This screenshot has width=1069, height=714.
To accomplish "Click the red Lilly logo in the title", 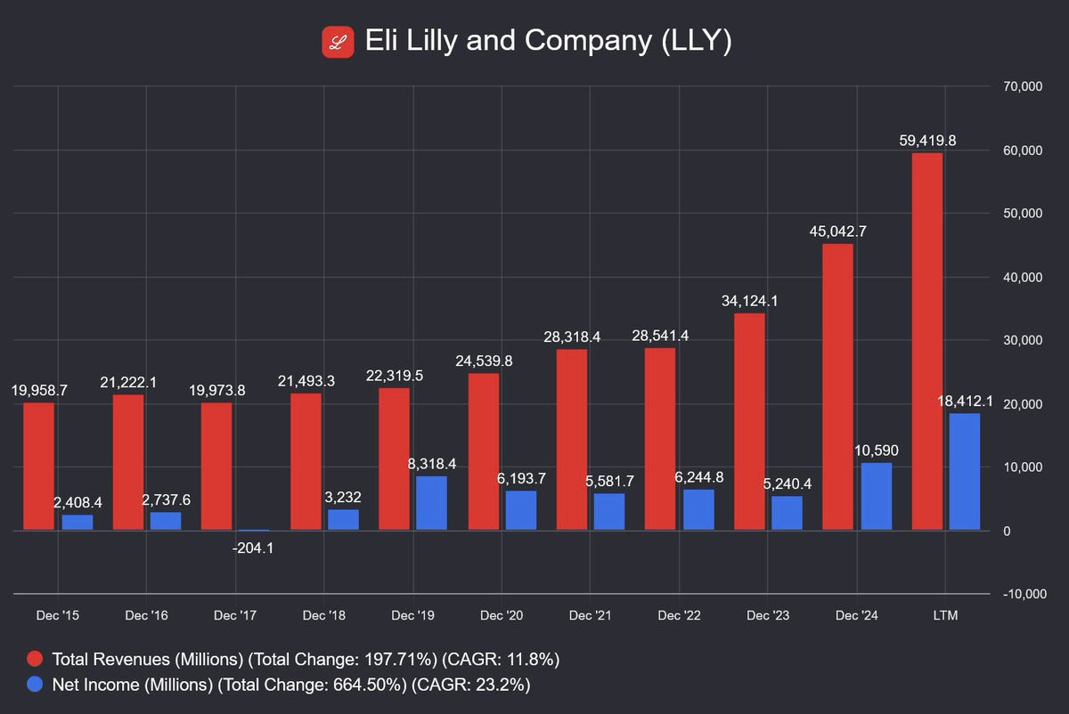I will click(x=339, y=42).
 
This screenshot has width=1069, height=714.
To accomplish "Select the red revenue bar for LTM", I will click(x=927, y=342).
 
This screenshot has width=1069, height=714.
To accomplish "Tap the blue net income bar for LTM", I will click(x=965, y=472).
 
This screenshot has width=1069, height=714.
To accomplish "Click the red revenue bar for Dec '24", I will click(x=838, y=387).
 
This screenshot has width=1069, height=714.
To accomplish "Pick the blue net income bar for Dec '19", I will click(x=431, y=503).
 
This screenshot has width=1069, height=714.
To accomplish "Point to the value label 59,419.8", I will click(x=927, y=140).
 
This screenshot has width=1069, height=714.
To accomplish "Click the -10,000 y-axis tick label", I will click(x=1021, y=594).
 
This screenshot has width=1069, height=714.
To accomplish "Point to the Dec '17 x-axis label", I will click(x=235, y=615).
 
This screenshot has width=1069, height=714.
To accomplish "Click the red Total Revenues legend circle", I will click(x=35, y=660).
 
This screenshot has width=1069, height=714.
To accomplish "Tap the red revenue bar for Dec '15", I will click(x=38, y=467).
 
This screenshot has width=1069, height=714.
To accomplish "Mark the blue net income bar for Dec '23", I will click(x=787, y=513).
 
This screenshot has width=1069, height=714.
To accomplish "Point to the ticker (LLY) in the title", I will click(x=696, y=42).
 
